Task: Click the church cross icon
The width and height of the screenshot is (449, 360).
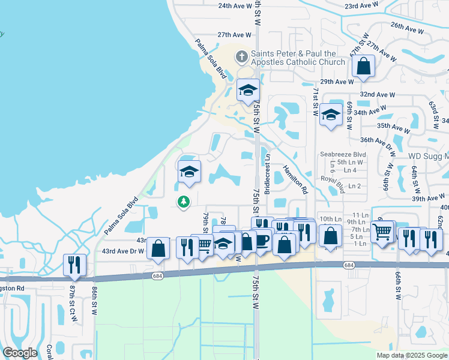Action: [242, 57]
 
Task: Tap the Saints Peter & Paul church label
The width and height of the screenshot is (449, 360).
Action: [298, 58]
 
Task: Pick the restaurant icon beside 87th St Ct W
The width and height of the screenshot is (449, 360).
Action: [75, 265]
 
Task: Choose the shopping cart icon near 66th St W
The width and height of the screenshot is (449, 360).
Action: [382, 231]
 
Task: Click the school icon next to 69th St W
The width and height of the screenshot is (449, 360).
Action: [330, 115]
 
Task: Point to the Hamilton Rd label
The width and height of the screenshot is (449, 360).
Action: [295, 181]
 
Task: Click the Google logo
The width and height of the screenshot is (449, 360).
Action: [20, 352]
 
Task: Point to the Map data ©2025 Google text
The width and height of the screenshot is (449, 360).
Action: [411, 355]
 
